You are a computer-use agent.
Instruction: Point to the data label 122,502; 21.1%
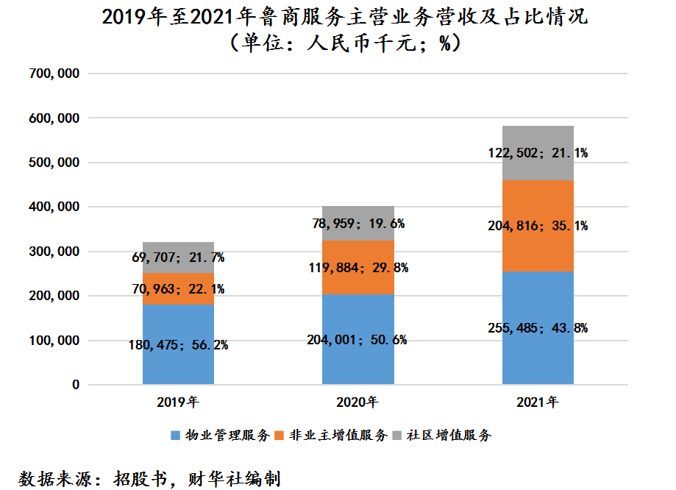pos(538,153)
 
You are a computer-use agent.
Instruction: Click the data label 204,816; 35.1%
pos(538,226)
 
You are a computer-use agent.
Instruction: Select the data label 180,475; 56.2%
pos(178,344)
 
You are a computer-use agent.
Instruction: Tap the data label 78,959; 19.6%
pos(357,223)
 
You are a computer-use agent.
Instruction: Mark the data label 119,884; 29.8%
pos(357,268)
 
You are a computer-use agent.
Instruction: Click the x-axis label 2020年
pos(357,402)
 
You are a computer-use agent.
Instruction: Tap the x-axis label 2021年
pos(538,402)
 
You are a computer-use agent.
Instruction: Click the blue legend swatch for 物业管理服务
pos(175,435)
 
